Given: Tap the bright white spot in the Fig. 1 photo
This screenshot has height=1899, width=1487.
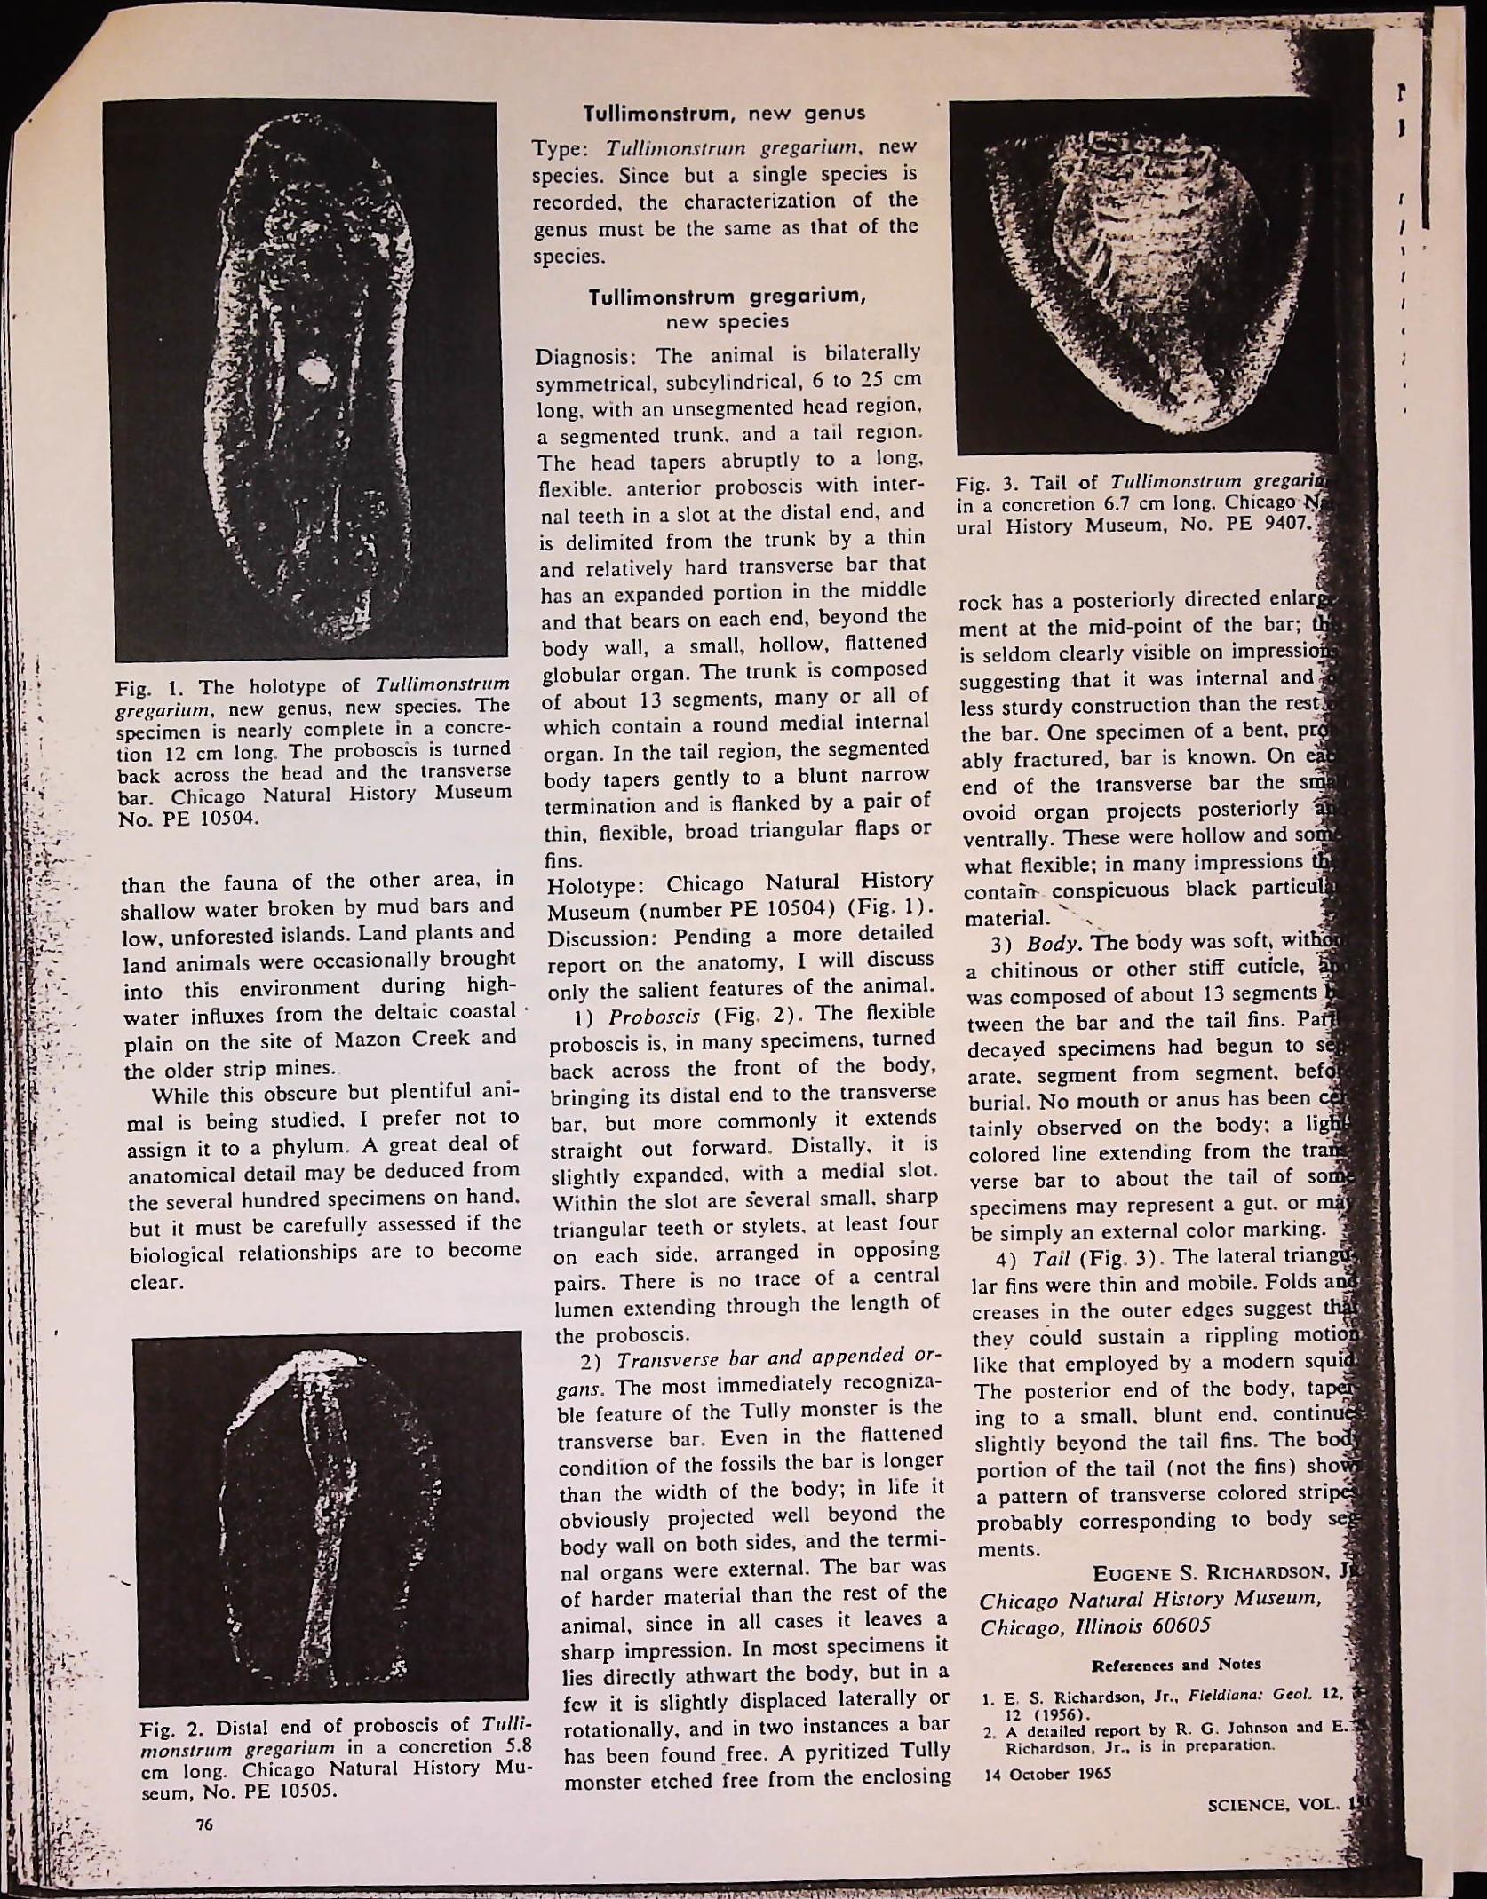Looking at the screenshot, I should pyautogui.click(x=314, y=372).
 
